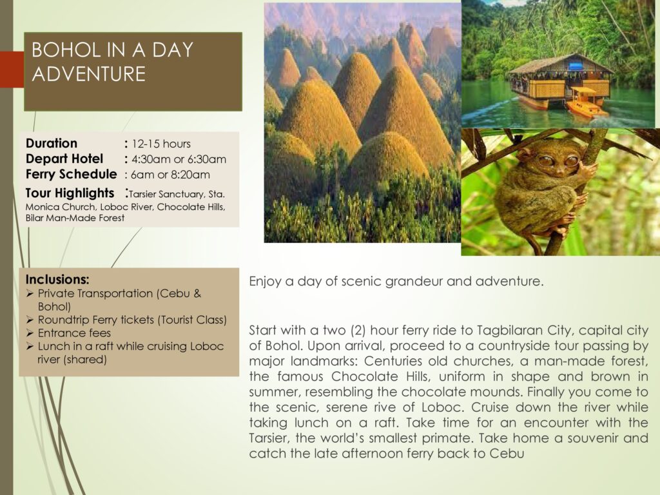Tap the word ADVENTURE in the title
pyautogui.click(x=89, y=74)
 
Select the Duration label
pyautogui.click(x=52, y=144)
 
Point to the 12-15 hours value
pyautogui.click(x=161, y=144)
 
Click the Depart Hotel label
pyautogui.click(x=64, y=159)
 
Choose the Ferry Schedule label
pyautogui.click(x=71, y=174)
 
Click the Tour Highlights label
pyautogui.click(x=70, y=193)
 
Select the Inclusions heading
pyautogui.click(x=57, y=280)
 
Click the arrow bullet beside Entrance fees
pyautogui.click(x=30, y=333)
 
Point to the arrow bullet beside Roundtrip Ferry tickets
pyautogui.click(x=30, y=320)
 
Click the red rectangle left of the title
pyautogui.click(x=12, y=70)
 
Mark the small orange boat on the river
pyautogui.click(x=587, y=102)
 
